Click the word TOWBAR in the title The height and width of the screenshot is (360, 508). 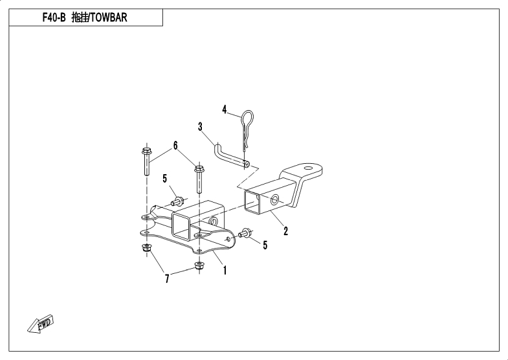(x=108, y=17)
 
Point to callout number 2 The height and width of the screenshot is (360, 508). (x=285, y=230)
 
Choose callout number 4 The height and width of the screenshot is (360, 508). (x=225, y=109)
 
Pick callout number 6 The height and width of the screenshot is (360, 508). (x=175, y=145)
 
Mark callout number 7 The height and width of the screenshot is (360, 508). (x=167, y=278)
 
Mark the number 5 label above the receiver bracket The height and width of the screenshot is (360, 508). (x=165, y=178)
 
